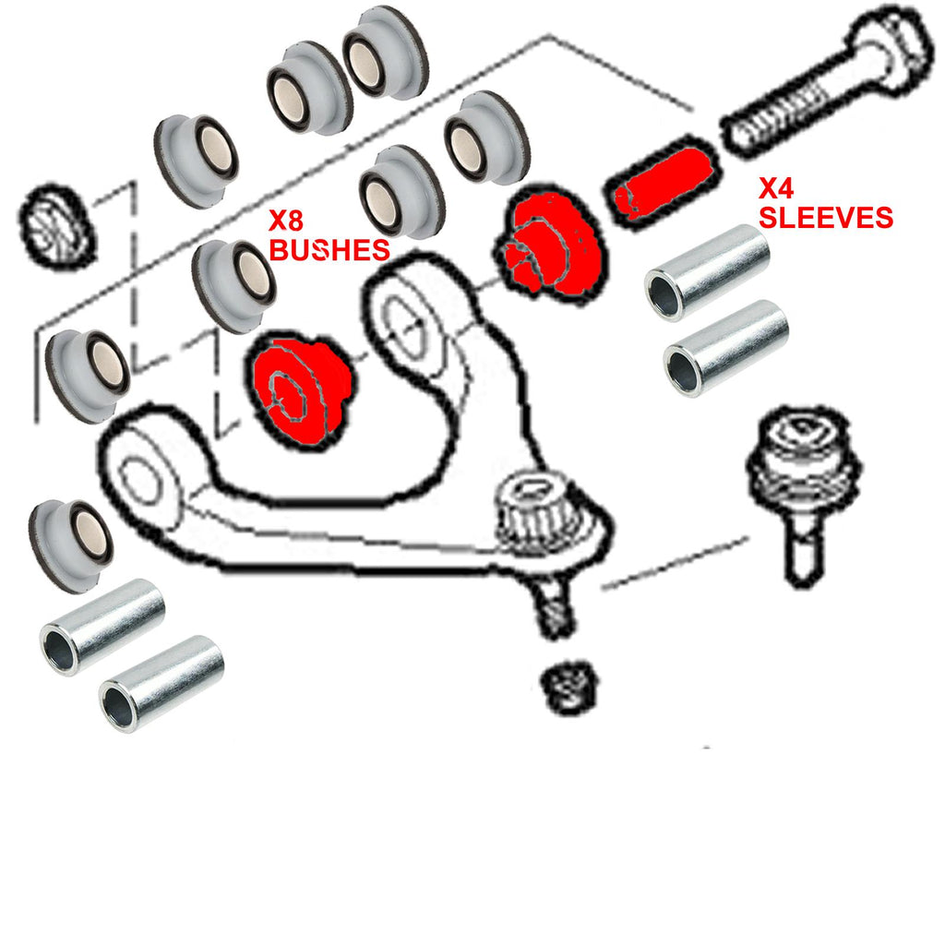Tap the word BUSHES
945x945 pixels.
coord(329,250)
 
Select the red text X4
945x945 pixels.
coord(776,188)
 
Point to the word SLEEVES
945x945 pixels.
coord(826,217)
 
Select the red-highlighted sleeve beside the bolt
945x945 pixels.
coord(662,183)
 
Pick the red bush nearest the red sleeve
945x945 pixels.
coord(547,244)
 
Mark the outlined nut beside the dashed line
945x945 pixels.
coord(57,225)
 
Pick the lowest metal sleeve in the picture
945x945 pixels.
coord(161,684)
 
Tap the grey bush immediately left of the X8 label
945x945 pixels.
coord(233,286)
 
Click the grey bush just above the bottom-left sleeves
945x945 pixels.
coord(71,545)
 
